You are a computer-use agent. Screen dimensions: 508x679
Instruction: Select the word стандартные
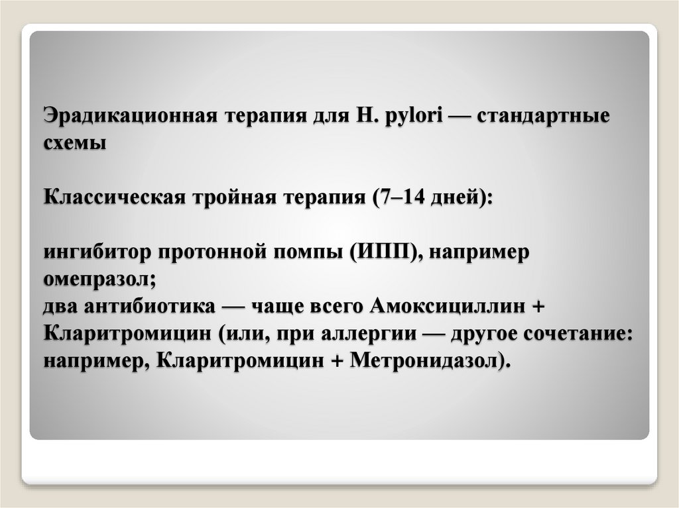pos(555,116)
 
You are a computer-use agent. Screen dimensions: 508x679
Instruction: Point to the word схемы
pos(75,142)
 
